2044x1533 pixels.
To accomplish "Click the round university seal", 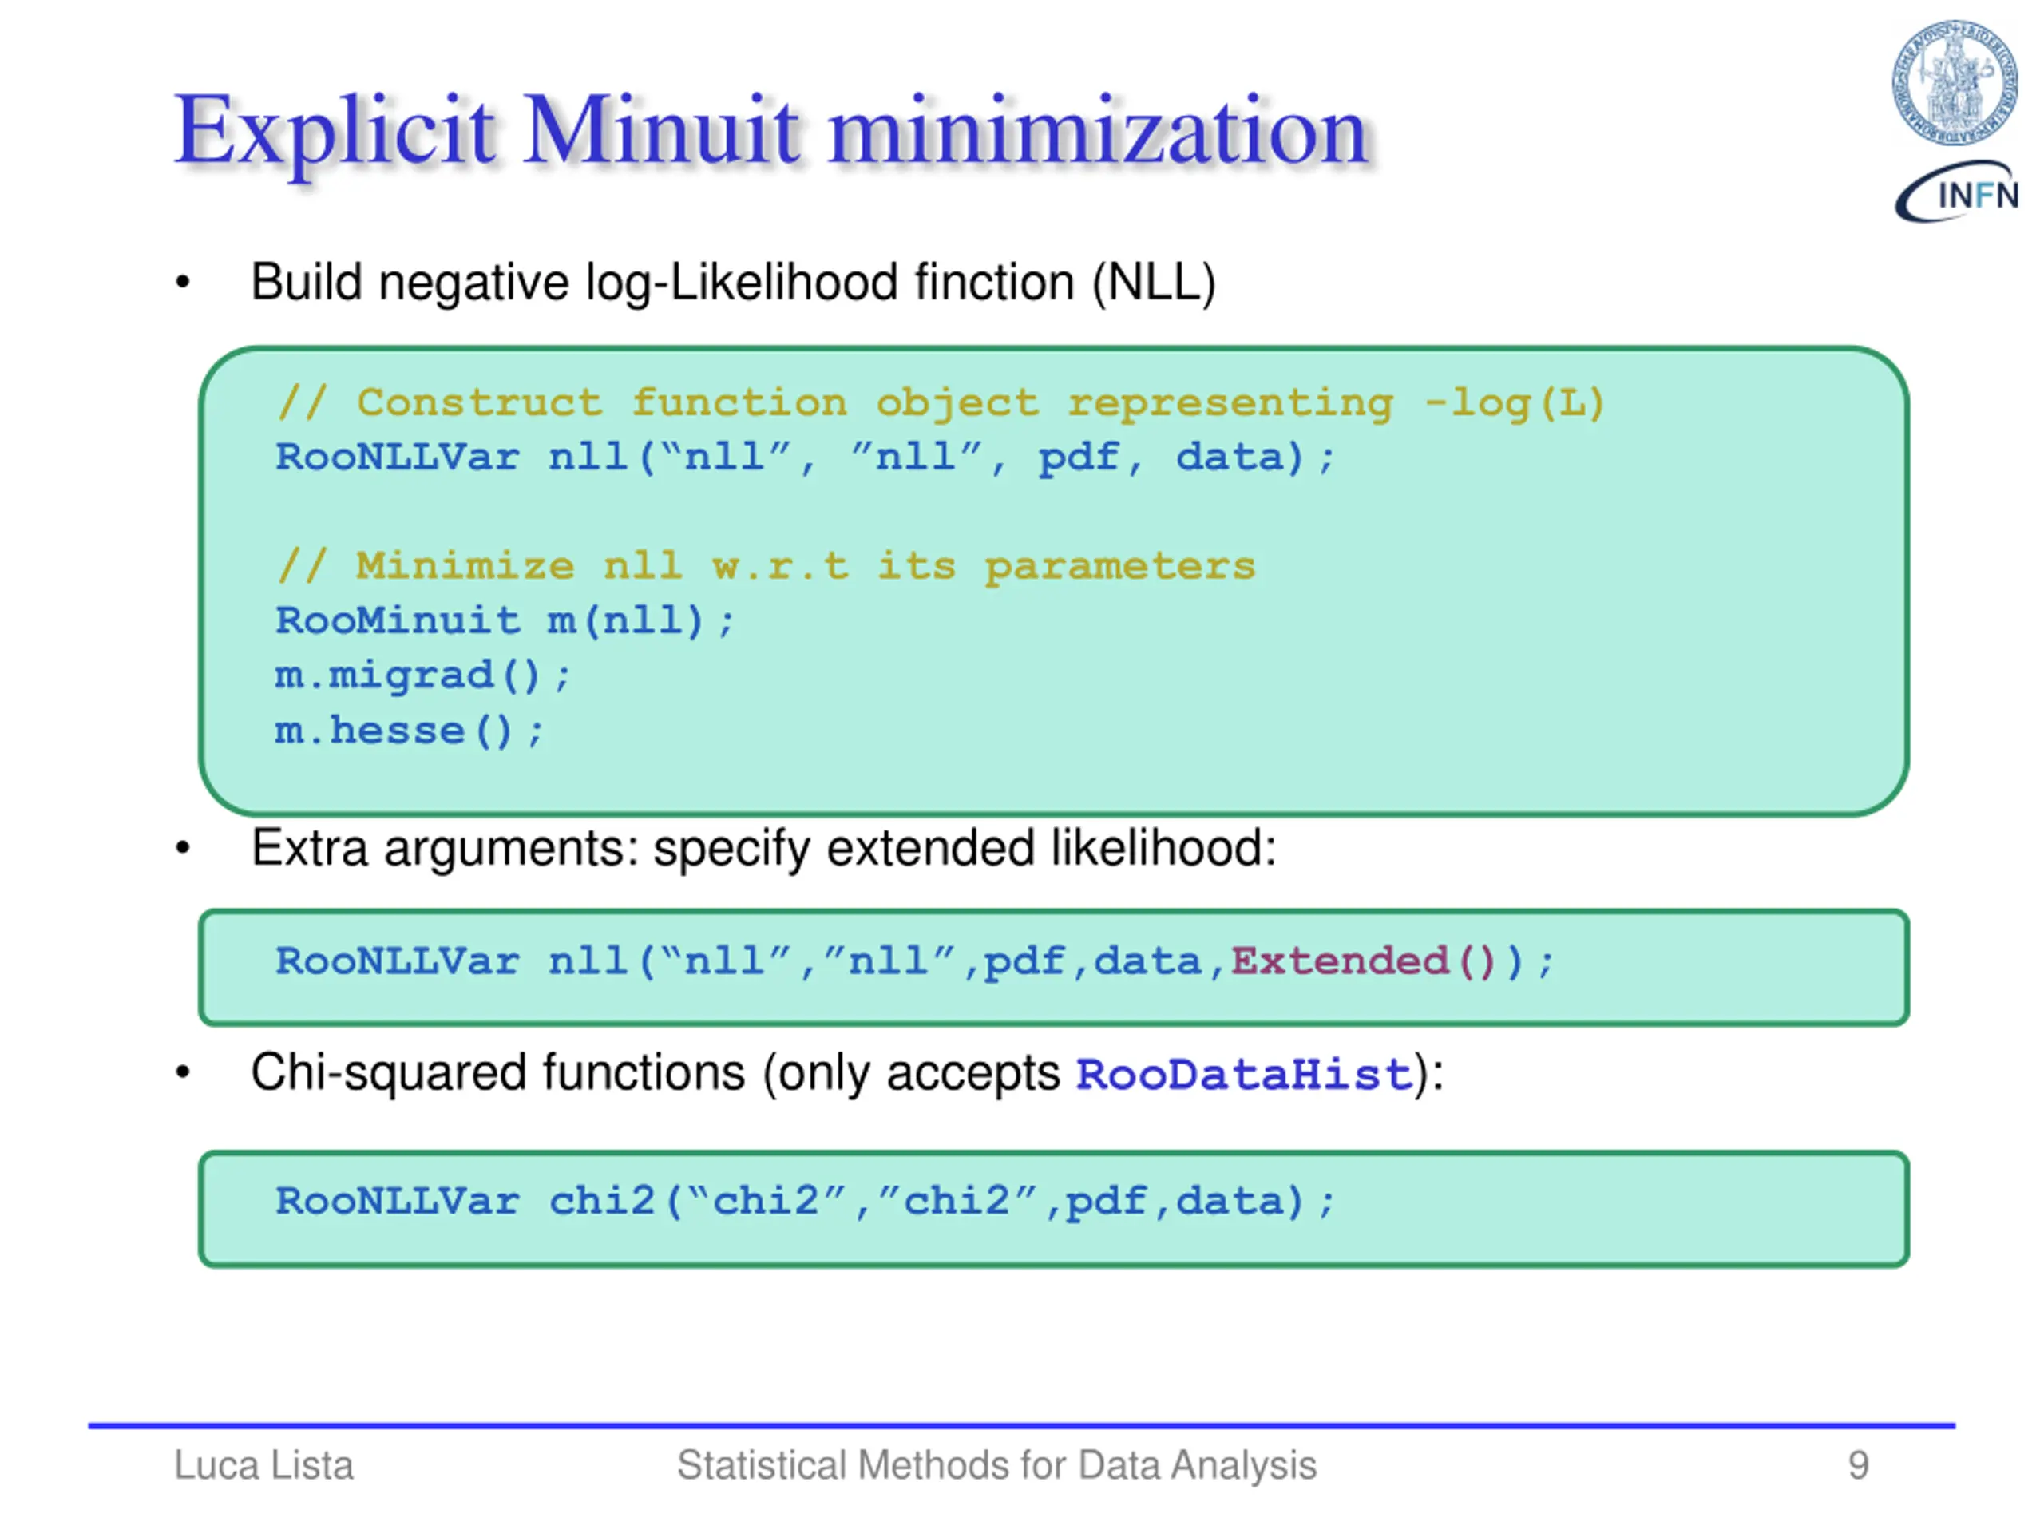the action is (x=1955, y=83).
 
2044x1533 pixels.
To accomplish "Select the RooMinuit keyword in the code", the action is (x=398, y=621).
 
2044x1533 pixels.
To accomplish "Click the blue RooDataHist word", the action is (x=1244, y=1075).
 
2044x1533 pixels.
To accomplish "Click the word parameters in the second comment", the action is (x=1119, y=566).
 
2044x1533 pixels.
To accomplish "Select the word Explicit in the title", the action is (x=335, y=131).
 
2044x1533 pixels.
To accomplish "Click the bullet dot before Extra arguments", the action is (x=183, y=847).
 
